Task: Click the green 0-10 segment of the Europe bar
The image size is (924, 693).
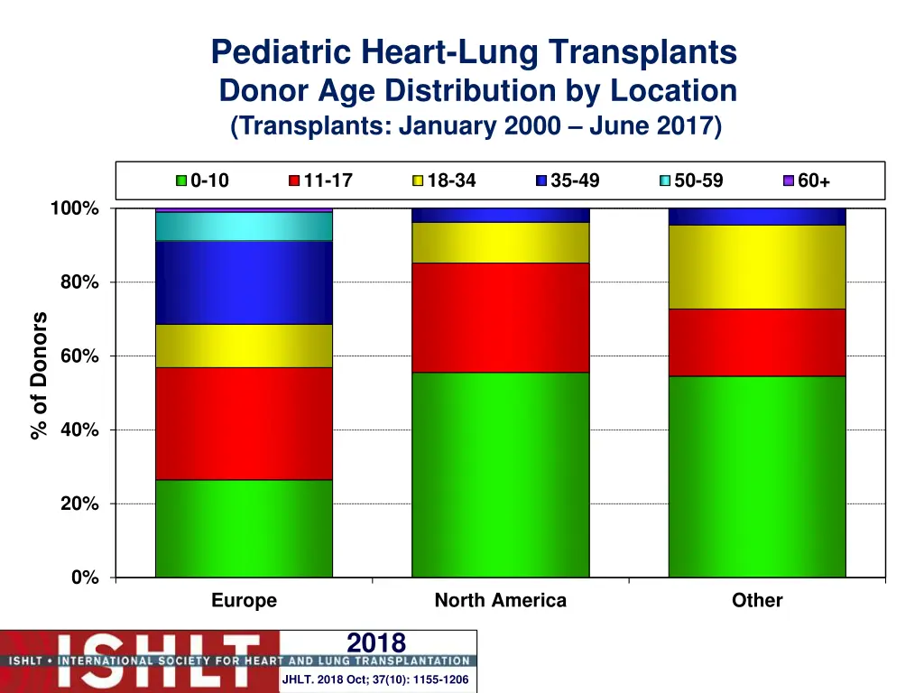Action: (244, 528)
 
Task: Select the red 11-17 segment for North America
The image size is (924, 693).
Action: (500, 317)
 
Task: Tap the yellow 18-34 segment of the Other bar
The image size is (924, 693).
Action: (756, 267)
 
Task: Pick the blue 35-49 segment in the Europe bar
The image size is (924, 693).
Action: (244, 282)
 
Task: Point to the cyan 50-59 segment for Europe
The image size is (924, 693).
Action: (244, 226)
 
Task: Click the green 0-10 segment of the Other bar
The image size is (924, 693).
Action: (756, 476)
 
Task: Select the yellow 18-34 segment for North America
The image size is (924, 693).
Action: (500, 242)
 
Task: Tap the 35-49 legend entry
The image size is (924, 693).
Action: (568, 180)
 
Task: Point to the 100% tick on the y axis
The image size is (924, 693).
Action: (75, 208)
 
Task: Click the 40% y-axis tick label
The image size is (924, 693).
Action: (80, 430)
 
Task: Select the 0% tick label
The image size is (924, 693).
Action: (86, 577)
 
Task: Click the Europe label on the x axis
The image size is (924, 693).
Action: (244, 600)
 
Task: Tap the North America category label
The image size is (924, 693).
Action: (500, 600)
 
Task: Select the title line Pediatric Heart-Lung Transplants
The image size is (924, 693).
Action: (474, 52)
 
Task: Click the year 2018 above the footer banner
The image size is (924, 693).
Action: (376, 642)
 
